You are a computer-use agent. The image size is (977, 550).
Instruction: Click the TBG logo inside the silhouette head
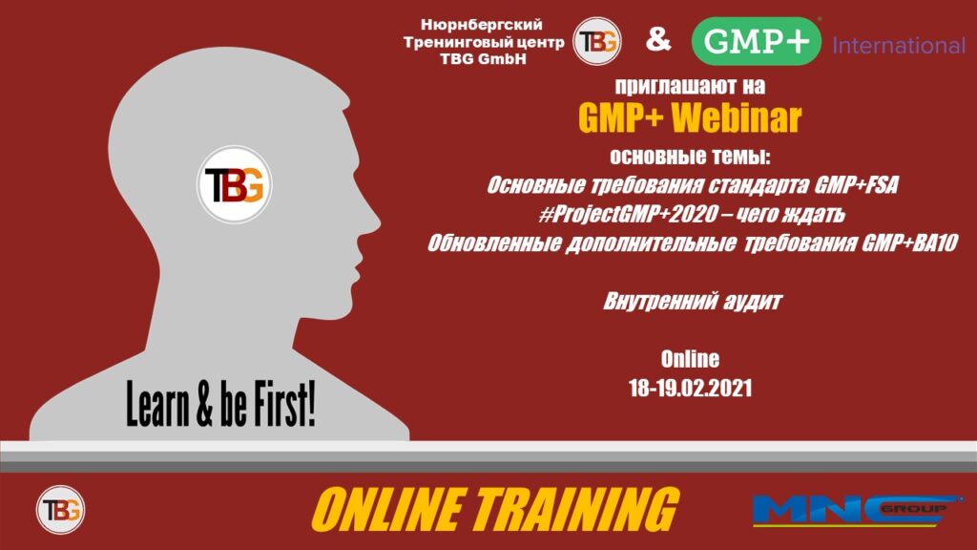point(234,184)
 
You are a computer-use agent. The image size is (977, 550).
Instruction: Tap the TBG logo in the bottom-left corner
point(60,510)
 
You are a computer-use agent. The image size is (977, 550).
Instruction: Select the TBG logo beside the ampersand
point(596,41)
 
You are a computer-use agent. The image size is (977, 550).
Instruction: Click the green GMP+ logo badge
point(757,41)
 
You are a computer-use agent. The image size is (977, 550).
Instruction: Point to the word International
point(899,45)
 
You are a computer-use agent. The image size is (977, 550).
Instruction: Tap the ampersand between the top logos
point(658,40)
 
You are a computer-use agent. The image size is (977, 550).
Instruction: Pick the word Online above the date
point(690,360)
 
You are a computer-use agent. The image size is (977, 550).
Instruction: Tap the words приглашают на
point(691,85)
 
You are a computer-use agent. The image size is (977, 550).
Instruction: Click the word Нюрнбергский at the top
point(482,24)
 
